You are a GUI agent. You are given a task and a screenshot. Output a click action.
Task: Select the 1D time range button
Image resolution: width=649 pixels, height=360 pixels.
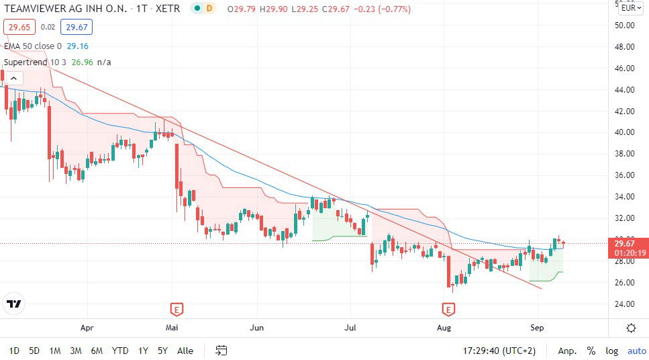click(x=14, y=351)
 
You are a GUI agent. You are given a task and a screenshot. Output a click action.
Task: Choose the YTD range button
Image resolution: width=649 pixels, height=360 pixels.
click(x=120, y=351)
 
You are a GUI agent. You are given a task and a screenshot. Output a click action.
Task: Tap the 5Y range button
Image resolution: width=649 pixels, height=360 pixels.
click(x=162, y=351)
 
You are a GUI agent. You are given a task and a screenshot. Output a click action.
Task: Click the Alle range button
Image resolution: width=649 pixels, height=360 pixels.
click(x=185, y=351)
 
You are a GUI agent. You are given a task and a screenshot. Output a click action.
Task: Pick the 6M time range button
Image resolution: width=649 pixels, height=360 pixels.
click(x=97, y=351)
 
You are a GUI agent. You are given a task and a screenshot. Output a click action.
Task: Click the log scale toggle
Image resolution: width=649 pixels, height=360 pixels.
click(x=611, y=351)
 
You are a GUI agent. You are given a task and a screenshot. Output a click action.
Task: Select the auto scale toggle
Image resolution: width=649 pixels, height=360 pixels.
click(x=636, y=351)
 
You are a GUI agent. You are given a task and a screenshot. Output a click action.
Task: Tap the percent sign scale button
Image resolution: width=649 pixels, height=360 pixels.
click(x=591, y=351)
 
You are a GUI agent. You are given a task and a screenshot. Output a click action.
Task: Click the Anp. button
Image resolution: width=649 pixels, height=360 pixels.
click(x=567, y=351)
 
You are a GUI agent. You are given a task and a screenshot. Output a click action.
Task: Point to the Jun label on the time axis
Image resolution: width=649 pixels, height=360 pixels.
click(x=257, y=328)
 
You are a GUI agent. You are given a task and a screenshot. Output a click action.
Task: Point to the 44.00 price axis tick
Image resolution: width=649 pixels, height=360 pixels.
click(x=625, y=90)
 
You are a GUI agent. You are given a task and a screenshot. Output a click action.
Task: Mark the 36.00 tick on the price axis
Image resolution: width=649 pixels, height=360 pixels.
click(x=625, y=175)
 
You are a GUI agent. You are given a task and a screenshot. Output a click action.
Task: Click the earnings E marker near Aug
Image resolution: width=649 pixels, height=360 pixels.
click(x=448, y=310)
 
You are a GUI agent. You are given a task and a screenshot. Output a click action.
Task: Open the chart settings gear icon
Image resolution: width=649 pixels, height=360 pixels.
click(x=631, y=328)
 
